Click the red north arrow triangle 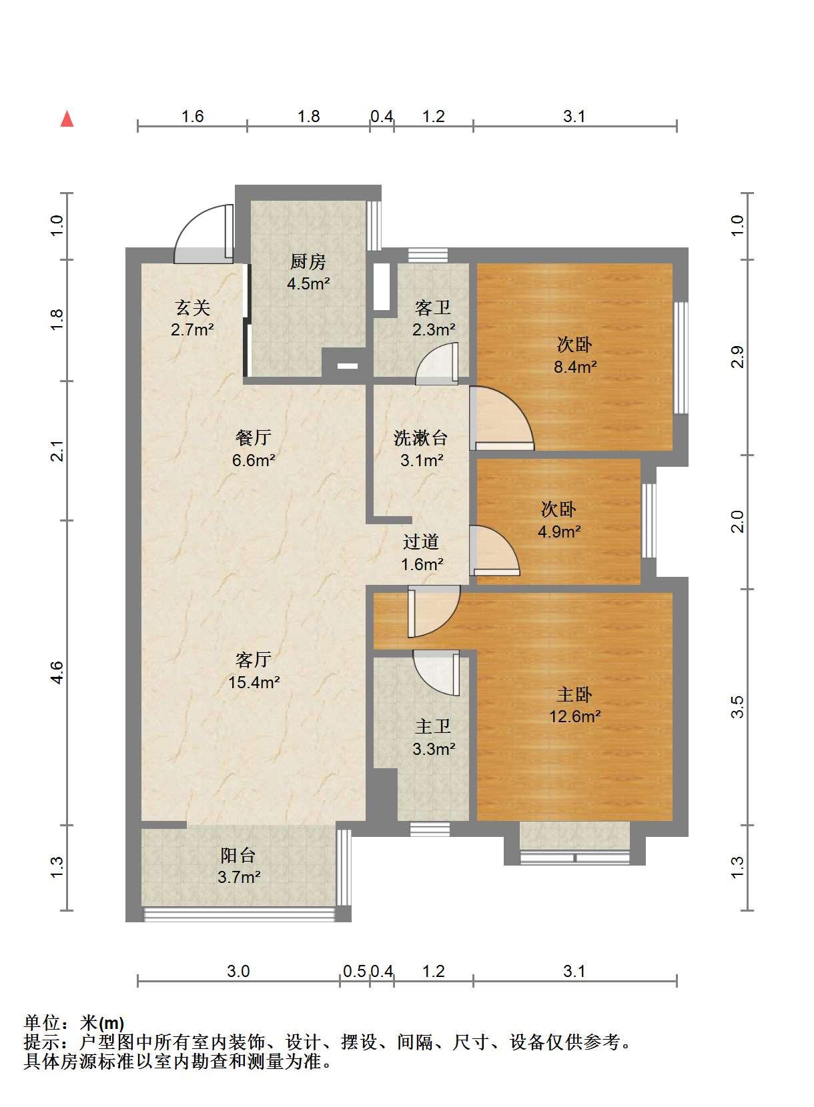[67, 119]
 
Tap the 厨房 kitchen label [308, 261]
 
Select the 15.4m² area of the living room [254, 682]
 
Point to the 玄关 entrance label [192, 308]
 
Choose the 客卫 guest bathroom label [433, 308]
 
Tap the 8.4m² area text [574, 367]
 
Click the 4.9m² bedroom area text [559, 531]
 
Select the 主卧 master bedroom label [574, 695]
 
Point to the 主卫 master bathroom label [433, 726]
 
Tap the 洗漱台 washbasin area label [420, 438]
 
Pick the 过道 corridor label [421, 541]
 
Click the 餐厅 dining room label [253, 437]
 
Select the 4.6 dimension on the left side [57, 673]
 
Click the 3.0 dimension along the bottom [238, 972]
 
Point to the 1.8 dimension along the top [309, 117]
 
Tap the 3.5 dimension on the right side [737, 707]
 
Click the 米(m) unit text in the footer [102, 1023]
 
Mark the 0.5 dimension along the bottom [354, 972]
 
